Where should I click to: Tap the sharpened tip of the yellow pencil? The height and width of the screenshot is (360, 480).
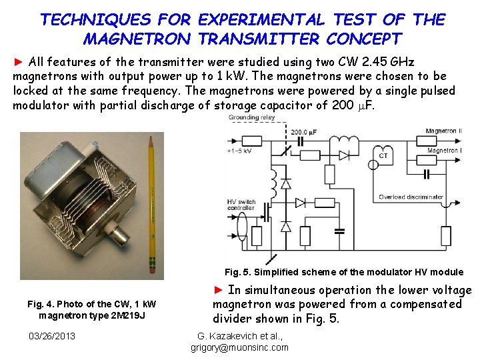click(150, 139)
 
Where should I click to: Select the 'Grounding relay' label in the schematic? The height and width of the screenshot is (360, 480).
click(251, 118)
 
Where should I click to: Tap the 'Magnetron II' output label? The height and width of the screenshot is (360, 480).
click(443, 131)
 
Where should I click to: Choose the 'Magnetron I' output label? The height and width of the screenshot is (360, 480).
click(445, 151)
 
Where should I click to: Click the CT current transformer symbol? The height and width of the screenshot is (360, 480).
click(383, 155)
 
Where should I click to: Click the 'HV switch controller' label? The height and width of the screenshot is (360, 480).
click(242, 205)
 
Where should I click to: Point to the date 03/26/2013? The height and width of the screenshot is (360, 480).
click(53, 335)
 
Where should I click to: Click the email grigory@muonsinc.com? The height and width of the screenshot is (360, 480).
click(239, 347)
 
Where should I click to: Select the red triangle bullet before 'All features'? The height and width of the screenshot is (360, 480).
click(19, 62)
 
